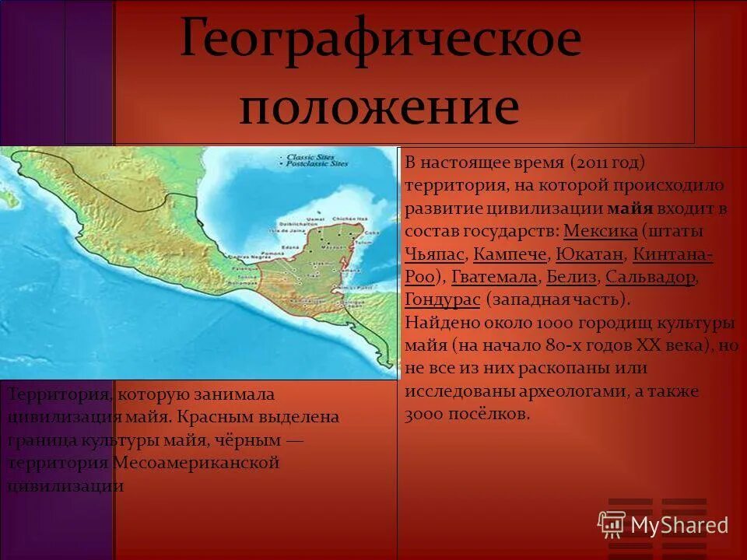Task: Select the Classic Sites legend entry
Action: (x=311, y=157)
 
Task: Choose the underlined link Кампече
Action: (x=510, y=254)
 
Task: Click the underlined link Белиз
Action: (x=572, y=277)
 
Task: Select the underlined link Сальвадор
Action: (x=650, y=277)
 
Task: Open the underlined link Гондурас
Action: (x=442, y=299)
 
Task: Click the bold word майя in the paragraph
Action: (x=630, y=208)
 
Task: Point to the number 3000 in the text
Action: (x=425, y=414)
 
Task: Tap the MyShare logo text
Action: (x=679, y=525)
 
